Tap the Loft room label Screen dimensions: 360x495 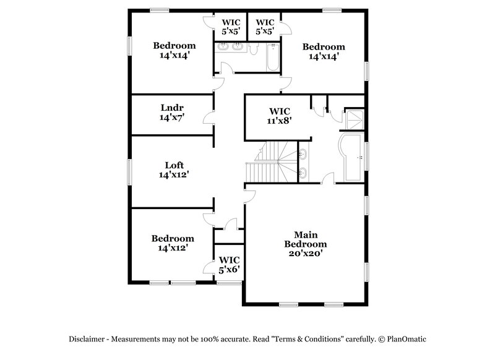coord(174,165)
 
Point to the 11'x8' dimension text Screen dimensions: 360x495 coord(279,121)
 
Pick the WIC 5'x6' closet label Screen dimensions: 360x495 coord(229,265)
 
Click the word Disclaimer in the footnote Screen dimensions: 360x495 coord(87,339)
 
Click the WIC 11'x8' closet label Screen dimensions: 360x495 coord(279,111)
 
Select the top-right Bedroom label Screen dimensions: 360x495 coord(323,46)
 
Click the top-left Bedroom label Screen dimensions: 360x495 coord(174,45)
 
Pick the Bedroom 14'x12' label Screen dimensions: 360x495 coord(173,238)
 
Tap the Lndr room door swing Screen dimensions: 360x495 coord(210,118)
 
